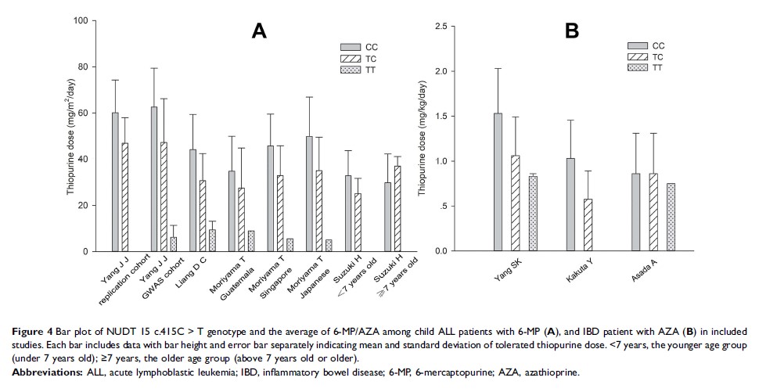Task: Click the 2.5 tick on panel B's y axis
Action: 455,27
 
